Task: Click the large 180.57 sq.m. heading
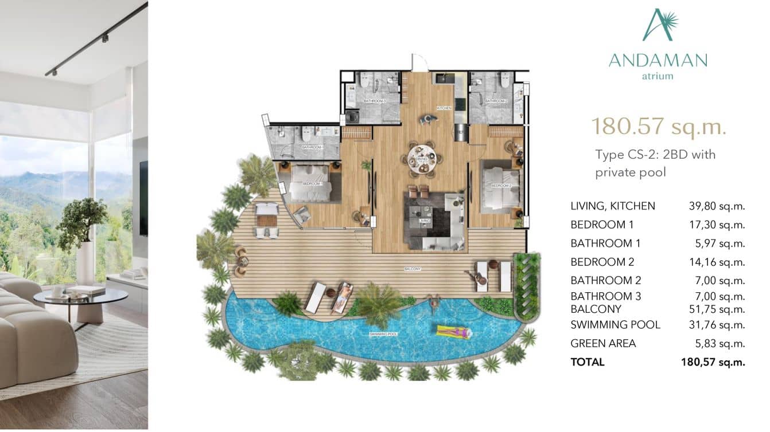tap(659, 126)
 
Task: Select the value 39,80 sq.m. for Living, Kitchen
tap(717, 206)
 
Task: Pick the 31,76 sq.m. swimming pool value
tap(717, 325)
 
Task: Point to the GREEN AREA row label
tap(603, 343)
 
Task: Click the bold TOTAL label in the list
tap(588, 362)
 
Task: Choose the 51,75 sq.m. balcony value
tap(717, 309)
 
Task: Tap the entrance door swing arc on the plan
tap(419, 62)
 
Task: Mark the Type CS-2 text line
tap(655, 154)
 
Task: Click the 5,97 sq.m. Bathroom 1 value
tap(720, 244)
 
